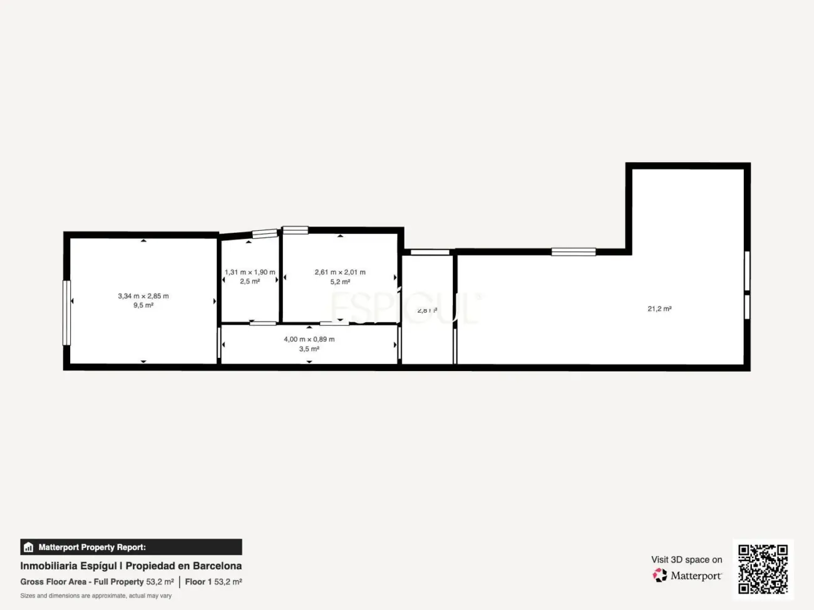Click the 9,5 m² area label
pyautogui.click(x=143, y=305)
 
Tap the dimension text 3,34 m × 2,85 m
pyautogui.click(x=143, y=296)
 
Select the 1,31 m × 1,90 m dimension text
pyautogui.click(x=250, y=272)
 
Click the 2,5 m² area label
pyautogui.click(x=250, y=282)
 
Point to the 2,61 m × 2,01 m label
pyautogui.click(x=340, y=272)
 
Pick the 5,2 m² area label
pyautogui.click(x=340, y=282)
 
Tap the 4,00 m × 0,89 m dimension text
pyautogui.click(x=309, y=339)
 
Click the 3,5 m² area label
pyautogui.click(x=309, y=349)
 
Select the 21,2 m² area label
pyautogui.click(x=659, y=308)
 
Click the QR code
pyautogui.click(x=763, y=569)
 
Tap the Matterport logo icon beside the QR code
pyautogui.click(x=660, y=575)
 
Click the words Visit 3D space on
pyautogui.click(x=686, y=559)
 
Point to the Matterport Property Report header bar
pyautogui.click(x=131, y=547)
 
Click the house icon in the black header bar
pyautogui.click(x=28, y=547)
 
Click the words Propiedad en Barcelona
pyautogui.click(x=183, y=566)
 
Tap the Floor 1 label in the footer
pyautogui.click(x=198, y=582)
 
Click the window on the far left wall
pyautogui.click(x=66, y=312)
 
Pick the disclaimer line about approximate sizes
pyautogui.click(x=96, y=596)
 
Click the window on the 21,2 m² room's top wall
pyautogui.click(x=573, y=252)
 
